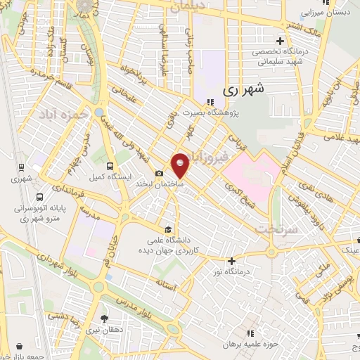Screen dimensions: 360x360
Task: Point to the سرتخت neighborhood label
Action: (x=272, y=229)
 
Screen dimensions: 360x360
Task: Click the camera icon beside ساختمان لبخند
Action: (x=159, y=174)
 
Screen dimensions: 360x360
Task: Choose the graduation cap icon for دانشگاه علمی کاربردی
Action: (x=167, y=229)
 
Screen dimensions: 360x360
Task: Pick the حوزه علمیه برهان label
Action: (x=226, y=345)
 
